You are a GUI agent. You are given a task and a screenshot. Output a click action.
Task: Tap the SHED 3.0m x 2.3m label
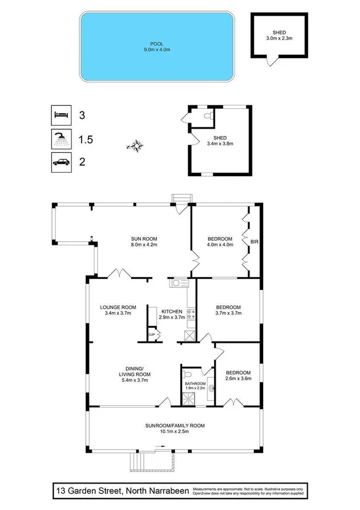278,35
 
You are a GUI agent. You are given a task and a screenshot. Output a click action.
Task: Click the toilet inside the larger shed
206,115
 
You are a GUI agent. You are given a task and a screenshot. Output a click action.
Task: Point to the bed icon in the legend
60,114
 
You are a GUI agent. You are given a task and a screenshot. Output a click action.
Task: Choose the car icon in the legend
60,162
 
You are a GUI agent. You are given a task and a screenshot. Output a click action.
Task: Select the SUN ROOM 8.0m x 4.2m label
144,241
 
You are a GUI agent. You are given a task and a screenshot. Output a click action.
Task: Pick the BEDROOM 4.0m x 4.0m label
219,241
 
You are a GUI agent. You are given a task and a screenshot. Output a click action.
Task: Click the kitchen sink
179,283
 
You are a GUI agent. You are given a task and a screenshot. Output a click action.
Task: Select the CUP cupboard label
152,334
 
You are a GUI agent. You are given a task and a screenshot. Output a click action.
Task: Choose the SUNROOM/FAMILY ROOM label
175,428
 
